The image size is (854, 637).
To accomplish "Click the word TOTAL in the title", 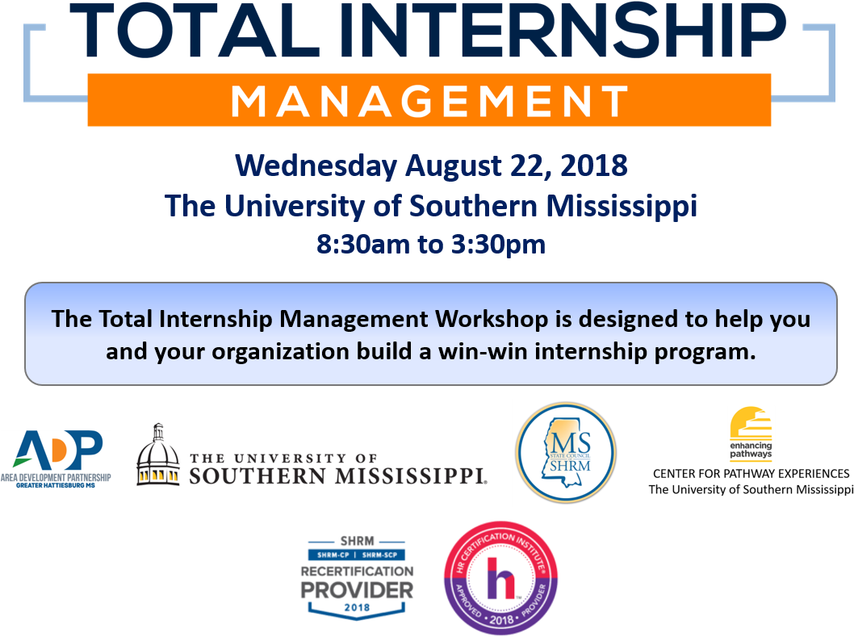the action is [195, 30].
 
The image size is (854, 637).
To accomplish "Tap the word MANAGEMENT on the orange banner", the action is [429, 101].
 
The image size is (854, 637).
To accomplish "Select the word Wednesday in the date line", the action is [316, 166].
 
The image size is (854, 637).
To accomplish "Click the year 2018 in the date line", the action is [593, 166].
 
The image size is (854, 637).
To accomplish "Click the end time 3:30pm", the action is [498, 245].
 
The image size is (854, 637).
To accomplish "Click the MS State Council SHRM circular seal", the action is [566, 452].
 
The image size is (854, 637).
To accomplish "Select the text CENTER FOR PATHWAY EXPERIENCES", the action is [751, 474].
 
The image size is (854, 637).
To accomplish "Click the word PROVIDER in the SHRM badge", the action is [357, 590].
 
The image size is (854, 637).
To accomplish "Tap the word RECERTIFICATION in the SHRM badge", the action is [357, 571].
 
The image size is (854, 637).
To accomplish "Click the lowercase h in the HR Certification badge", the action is [500, 579].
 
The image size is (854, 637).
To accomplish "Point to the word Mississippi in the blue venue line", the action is [622, 207].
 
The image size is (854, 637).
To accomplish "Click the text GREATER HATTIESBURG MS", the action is [56, 485].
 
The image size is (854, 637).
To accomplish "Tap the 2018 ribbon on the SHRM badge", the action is [357, 608].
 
